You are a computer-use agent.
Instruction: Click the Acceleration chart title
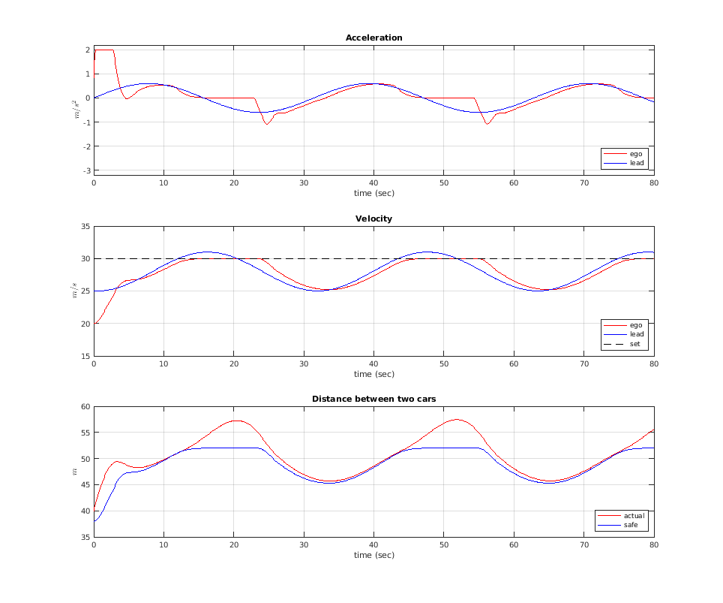click(373, 38)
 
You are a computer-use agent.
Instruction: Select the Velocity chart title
click(373, 219)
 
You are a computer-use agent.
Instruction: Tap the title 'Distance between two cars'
click(373, 399)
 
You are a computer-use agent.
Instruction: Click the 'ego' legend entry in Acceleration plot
click(636, 153)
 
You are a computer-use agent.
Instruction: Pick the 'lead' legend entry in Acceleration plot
click(636, 162)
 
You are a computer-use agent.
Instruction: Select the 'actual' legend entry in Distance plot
click(634, 516)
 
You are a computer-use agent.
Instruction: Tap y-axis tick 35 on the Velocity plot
click(85, 226)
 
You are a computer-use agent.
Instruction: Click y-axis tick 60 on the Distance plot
click(85, 406)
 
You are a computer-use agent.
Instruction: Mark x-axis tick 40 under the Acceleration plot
click(373, 182)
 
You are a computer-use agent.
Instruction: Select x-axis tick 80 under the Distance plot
click(653, 544)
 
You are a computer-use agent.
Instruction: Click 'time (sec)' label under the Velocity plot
click(373, 374)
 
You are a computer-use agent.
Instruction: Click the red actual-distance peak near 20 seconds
click(236, 421)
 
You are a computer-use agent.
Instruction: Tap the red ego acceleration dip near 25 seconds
click(266, 124)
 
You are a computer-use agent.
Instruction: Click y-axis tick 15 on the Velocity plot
click(85, 356)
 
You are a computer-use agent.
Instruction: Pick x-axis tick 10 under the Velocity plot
click(163, 363)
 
